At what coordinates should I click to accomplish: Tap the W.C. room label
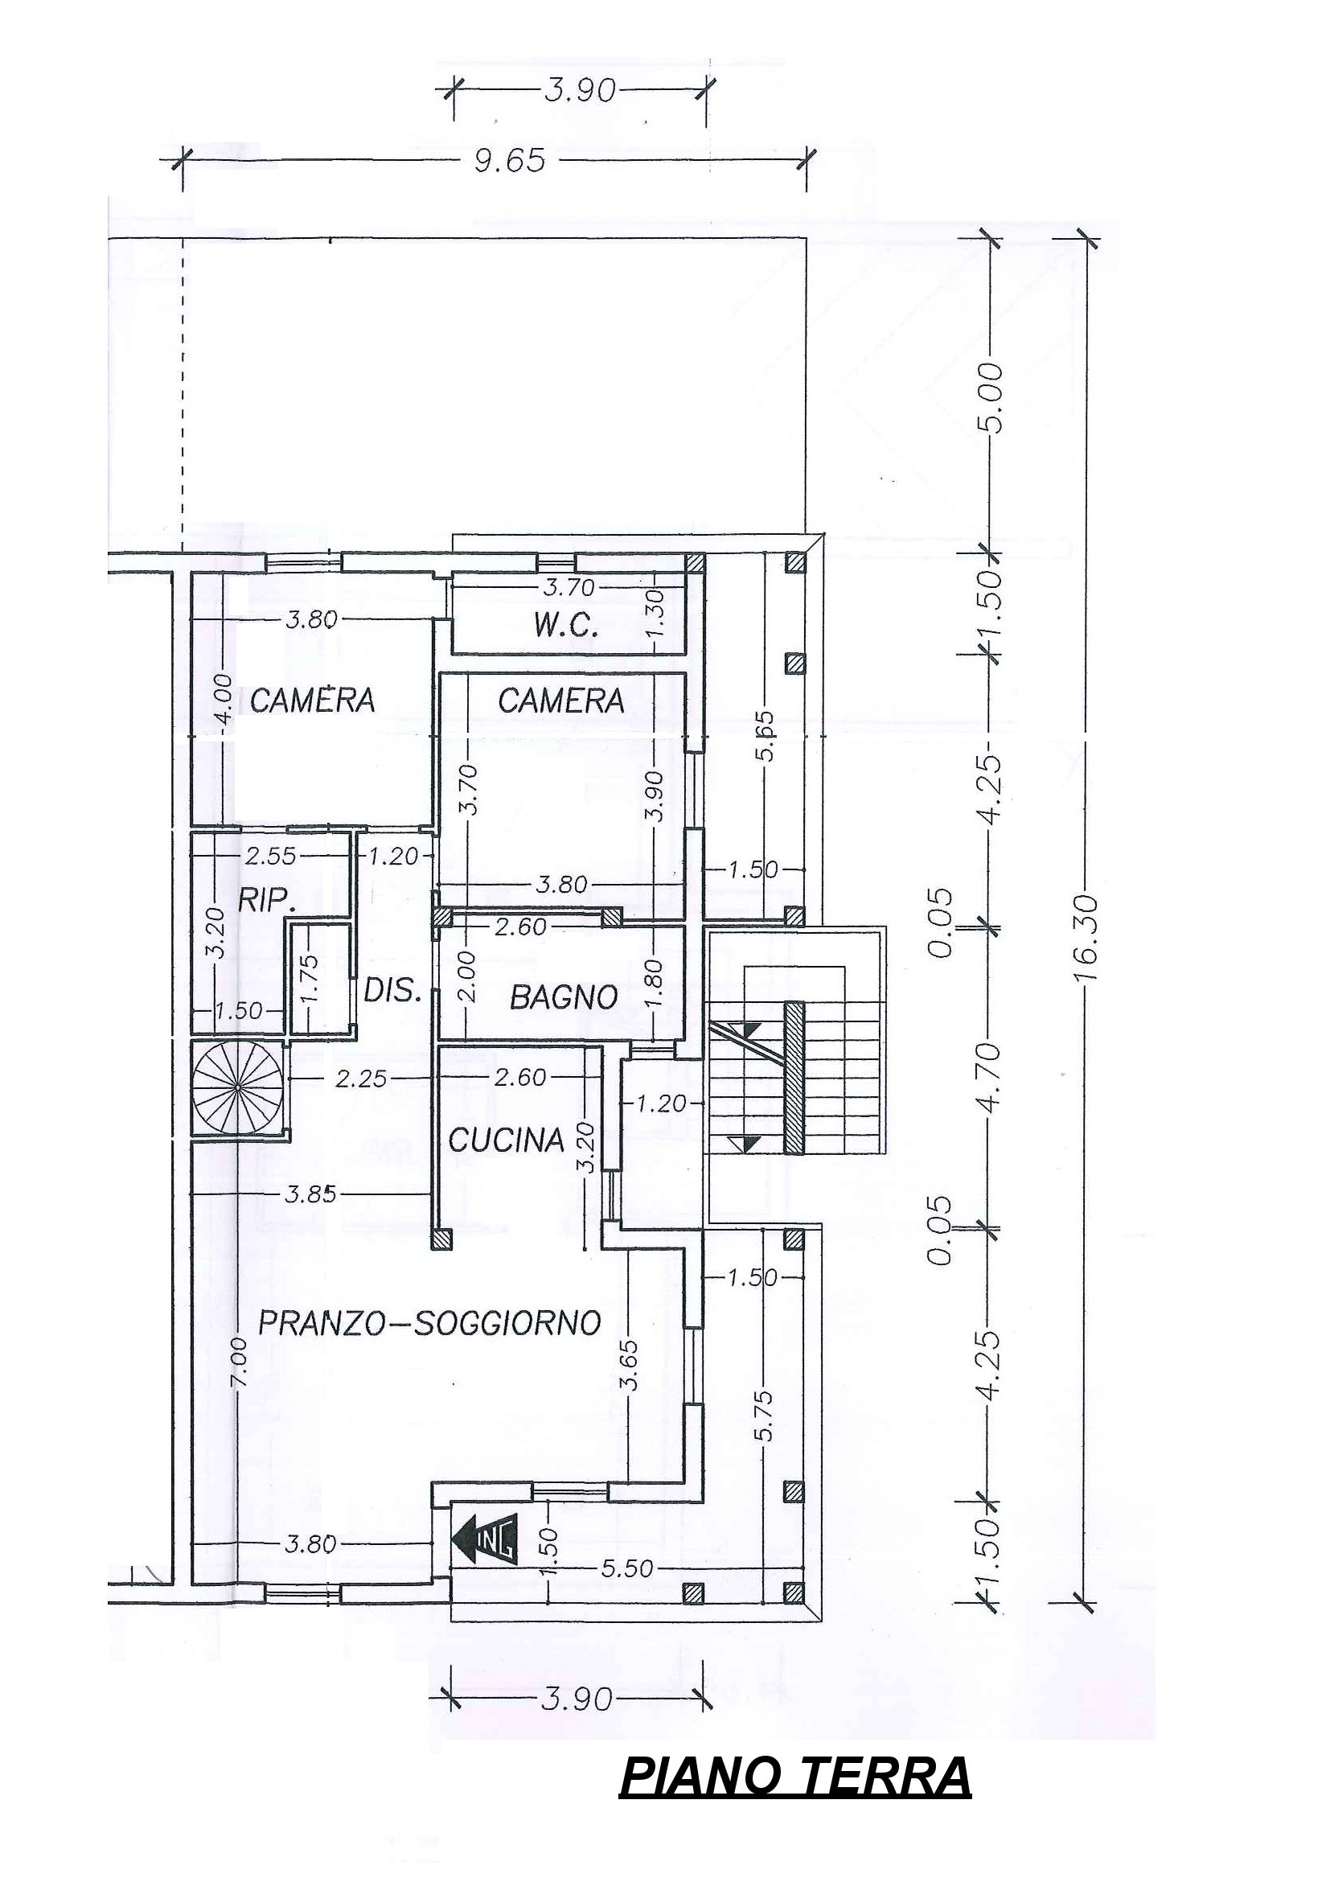pyautogui.click(x=566, y=629)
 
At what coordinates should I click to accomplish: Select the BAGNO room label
pyautogui.click(x=564, y=997)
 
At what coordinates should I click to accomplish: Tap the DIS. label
pyautogui.click(x=392, y=992)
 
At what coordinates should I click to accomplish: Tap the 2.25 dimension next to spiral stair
pyautogui.click(x=361, y=1079)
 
